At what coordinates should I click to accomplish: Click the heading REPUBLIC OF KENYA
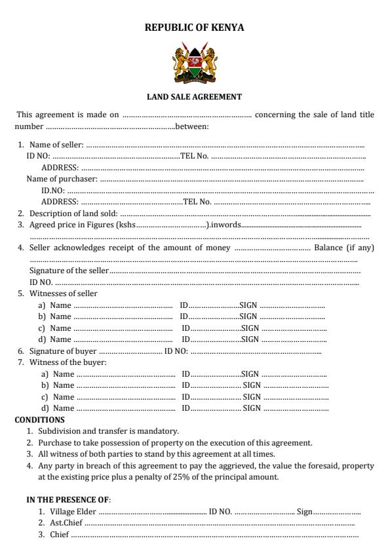tap(195, 28)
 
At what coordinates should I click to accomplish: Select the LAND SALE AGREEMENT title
tap(195, 97)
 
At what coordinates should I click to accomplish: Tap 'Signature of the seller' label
tap(69, 271)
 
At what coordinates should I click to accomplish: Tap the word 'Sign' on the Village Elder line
tap(304, 512)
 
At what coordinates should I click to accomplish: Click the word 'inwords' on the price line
tap(226, 225)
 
